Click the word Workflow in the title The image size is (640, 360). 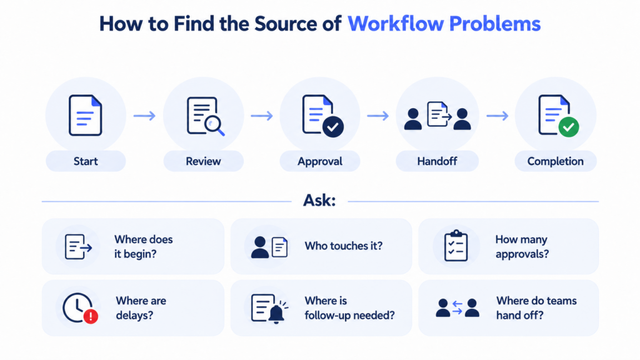[x=395, y=23]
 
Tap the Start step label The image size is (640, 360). [x=86, y=161]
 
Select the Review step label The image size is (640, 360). [x=203, y=161]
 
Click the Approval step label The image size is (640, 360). [x=320, y=162]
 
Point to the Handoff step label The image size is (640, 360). [x=437, y=161]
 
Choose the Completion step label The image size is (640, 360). [x=556, y=162]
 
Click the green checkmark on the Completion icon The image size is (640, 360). [x=569, y=127]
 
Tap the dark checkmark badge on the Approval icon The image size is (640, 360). [x=333, y=127]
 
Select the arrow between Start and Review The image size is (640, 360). [x=144, y=116]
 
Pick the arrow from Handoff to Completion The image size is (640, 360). [x=497, y=116]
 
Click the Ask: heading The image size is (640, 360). [x=319, y=201]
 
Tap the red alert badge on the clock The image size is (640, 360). [x=91, y=316]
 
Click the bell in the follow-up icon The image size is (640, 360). [x=276, y=314]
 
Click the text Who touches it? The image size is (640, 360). [x=344, y=246]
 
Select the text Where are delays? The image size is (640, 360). [x=141, y=308]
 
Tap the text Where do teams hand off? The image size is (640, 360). [x=536, y=308]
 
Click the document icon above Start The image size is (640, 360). [x=85, y=115]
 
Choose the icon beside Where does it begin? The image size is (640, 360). [x=78, y=246]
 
